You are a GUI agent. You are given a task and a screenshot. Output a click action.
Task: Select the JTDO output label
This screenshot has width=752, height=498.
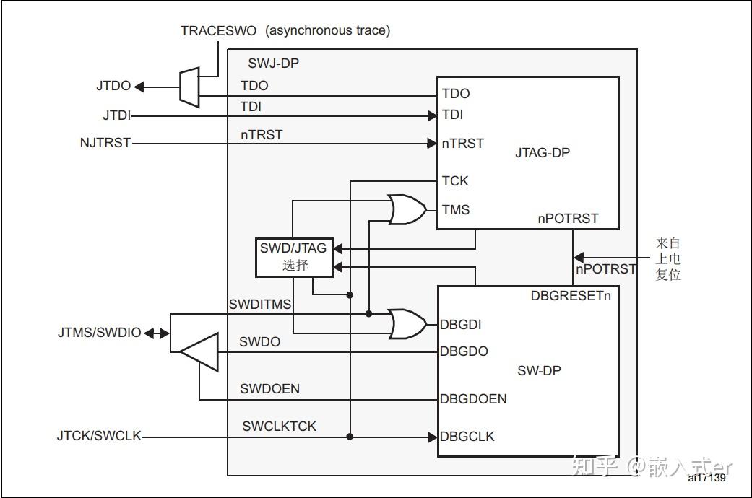click(113, 86)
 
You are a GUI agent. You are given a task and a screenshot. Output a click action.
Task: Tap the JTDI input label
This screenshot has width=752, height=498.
click(116, 115)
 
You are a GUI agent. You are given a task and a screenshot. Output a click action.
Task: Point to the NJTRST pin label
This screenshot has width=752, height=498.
click(105, 143)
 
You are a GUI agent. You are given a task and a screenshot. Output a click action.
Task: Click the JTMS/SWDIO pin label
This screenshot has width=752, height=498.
click(100, 333)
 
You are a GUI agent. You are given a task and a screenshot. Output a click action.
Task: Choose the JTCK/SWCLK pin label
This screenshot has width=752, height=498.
click(99, 437)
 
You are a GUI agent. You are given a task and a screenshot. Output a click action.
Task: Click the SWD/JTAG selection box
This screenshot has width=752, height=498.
click(293, 257)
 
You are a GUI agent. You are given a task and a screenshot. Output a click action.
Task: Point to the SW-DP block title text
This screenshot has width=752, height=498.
click(539, 371)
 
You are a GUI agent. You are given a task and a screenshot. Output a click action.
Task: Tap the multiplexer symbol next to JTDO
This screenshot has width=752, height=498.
click(189, 87)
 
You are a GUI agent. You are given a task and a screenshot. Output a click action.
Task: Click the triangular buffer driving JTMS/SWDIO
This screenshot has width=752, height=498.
click(200, 352)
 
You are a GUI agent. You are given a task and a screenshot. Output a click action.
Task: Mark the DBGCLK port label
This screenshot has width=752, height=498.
click(467, 437)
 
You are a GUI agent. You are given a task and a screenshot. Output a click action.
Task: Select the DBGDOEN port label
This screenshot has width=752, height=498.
click(473, 399)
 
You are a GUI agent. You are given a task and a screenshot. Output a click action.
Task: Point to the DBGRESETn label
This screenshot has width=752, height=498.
click(575, 296)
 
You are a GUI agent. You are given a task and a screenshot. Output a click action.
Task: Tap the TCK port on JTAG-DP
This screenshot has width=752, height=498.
click(455, 181)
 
